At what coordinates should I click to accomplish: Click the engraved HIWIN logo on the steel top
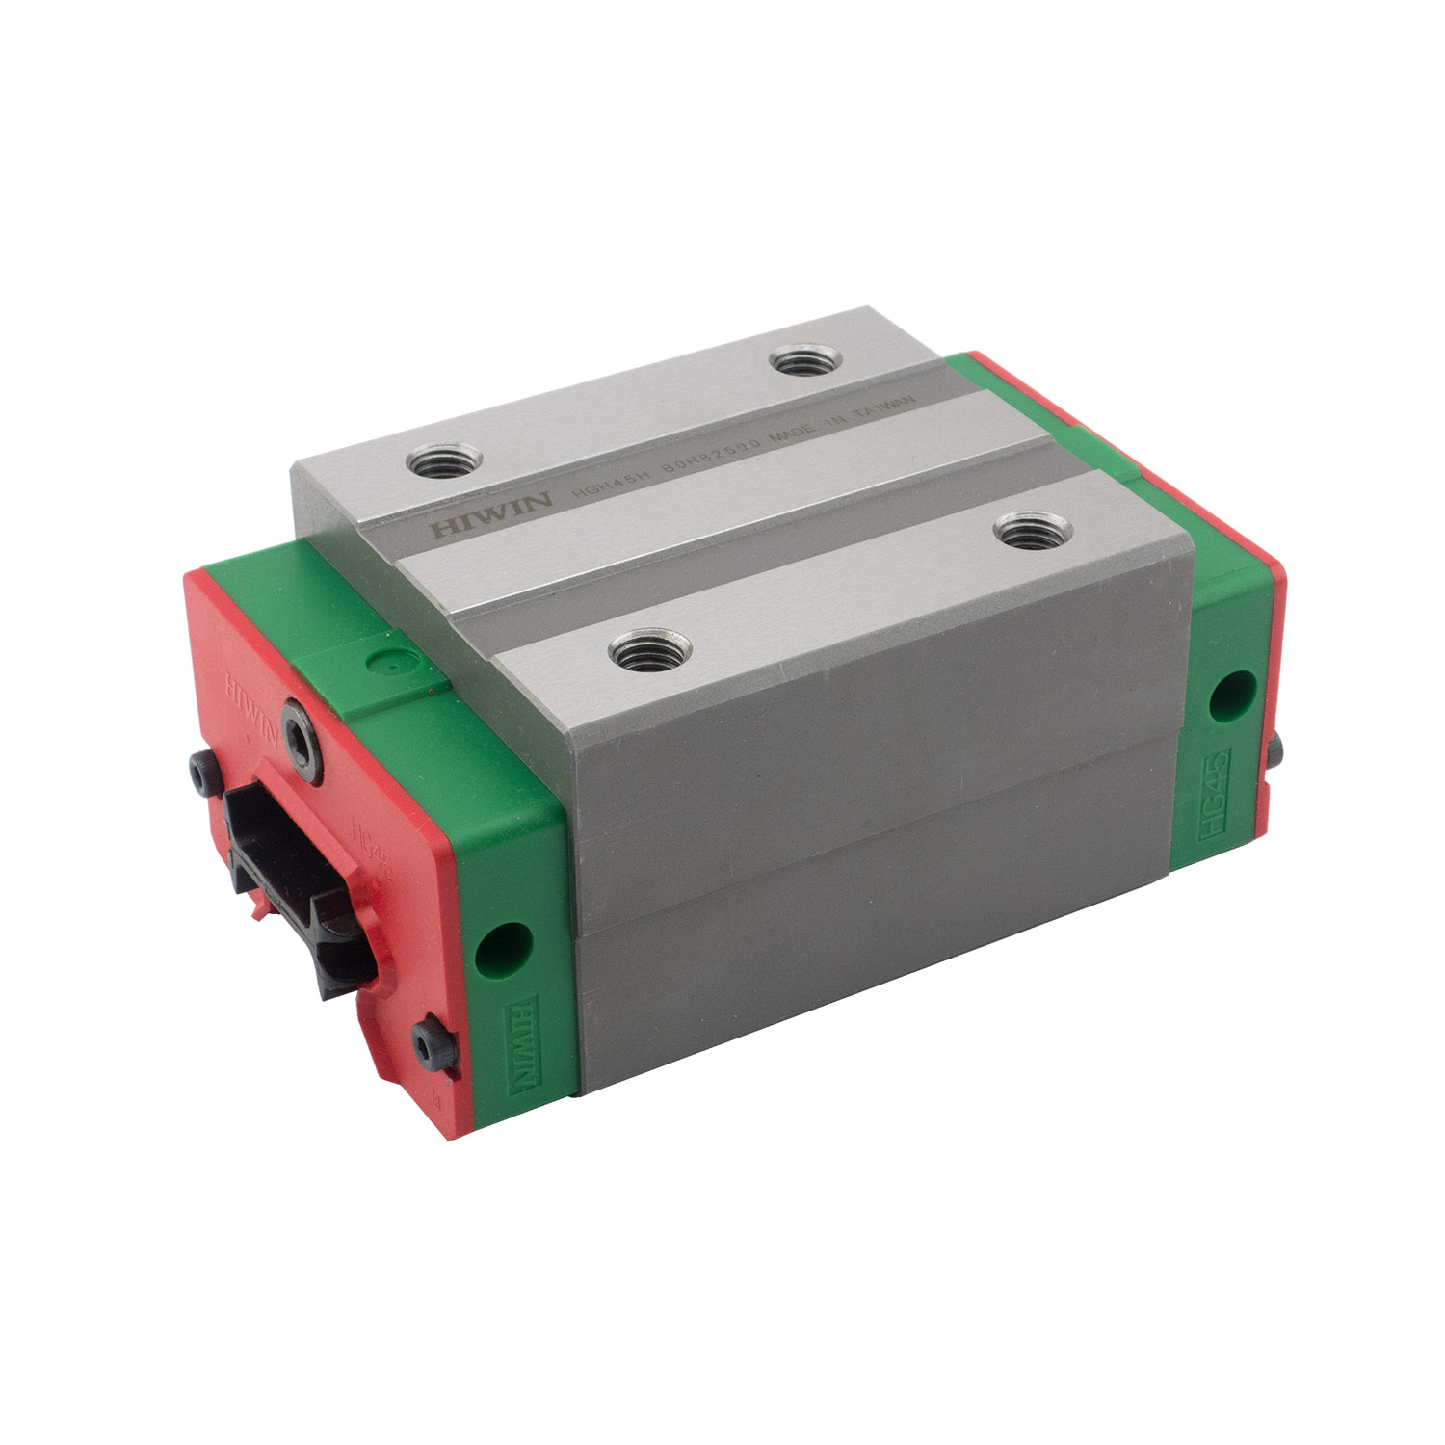coord(490,514)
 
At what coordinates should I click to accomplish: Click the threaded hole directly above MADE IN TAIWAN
coord(807,363)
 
